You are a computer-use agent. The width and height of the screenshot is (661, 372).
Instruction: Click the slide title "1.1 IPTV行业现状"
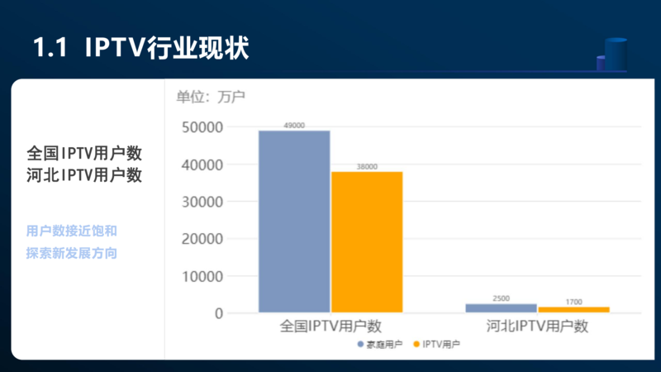click(x=140, y=47)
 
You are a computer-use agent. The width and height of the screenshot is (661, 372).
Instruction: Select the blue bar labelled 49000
click(x=294, y=222)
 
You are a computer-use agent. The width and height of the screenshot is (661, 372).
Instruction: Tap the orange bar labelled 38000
click(x=367, y=242)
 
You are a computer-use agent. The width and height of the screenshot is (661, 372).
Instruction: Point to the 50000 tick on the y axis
click(x=202, y=127)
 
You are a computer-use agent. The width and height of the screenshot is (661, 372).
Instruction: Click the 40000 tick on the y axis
click(x=202, y=165)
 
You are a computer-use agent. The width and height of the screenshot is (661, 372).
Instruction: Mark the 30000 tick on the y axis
click(x=202, y=202)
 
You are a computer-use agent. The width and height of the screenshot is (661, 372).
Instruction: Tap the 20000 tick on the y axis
click(x=202, y=239)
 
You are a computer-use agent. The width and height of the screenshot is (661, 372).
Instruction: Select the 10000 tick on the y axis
click(x=202, y=276)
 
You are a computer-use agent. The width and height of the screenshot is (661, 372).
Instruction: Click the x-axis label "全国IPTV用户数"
click(x=330, y=327)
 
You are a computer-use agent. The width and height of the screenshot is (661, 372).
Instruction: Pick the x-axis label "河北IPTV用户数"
click(x=537, y=327)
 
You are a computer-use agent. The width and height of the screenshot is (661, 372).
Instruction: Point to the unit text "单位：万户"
click(x=211, y=97)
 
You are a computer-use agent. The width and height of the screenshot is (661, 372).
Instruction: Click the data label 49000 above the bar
click(x=294, y=126)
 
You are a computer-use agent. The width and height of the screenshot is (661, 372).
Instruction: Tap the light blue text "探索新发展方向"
click(x=71, y=253)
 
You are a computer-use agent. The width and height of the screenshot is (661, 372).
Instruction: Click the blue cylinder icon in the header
click(x=615, y=54)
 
